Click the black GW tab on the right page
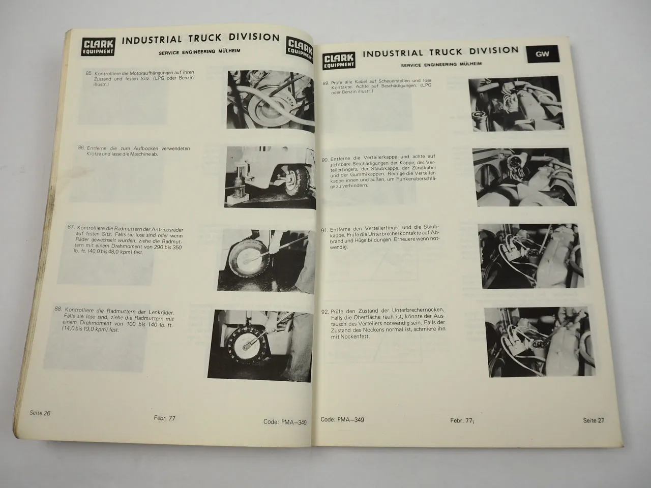point(542,54)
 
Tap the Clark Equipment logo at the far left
point(99,46)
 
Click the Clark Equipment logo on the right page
point(337,59)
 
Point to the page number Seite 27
point(594,420)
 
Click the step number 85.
point(90,74)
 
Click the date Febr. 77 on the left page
point(164,418)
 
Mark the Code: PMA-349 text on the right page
point(342,420)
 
